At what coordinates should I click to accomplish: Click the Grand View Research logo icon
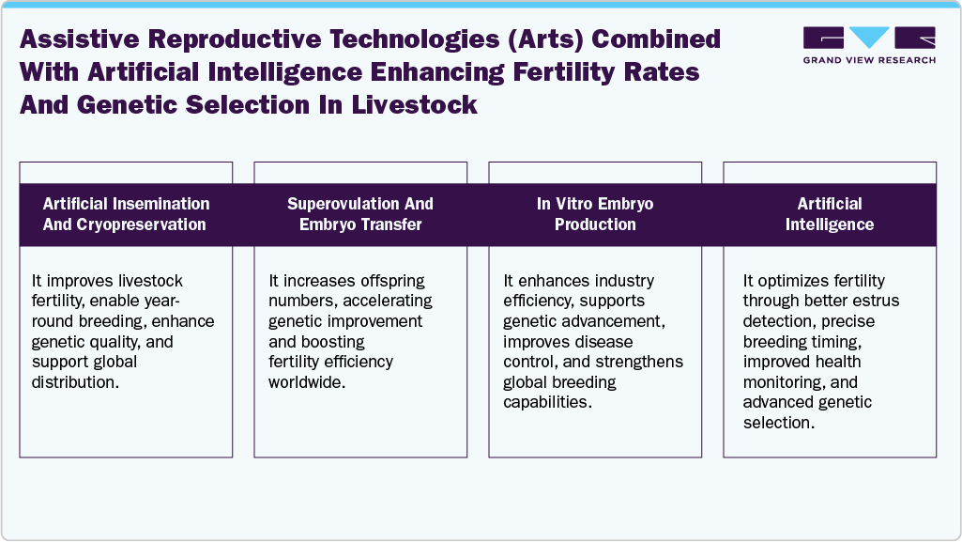coord(869,39)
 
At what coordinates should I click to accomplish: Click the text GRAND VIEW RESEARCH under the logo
coord(869,60)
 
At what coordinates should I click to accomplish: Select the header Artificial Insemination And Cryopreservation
coord(126,214)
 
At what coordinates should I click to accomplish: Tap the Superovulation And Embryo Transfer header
coord(360,214)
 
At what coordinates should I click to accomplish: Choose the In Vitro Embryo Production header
coord(595,214)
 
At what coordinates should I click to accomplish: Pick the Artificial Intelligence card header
coord(830,214)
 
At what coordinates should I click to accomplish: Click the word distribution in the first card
coord(76,382)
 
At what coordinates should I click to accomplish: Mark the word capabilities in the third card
coord(546,403)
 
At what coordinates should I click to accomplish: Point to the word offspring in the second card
coord(391,281)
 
